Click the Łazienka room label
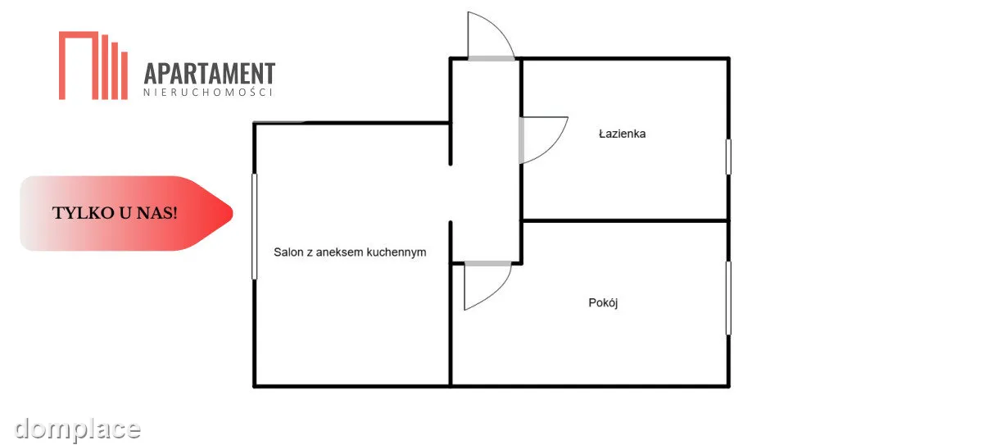[x=622, y=134]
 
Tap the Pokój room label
[x=603, y=302]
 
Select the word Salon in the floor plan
[x=288, y=252]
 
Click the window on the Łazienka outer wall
[x=728, y=157]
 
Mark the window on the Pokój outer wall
[x=728, y=298]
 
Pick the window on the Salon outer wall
[x=254, y=226]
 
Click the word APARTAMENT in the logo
[x=210, y=73]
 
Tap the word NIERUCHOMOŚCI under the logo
[x=208, y=92]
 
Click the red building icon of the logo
[x=93, y=66]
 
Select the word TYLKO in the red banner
[x=84, y=213]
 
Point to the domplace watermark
[x=77, y=429]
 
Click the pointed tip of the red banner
[x=233, y=213]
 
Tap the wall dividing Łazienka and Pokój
[x=625, y=220]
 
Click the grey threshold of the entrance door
[x=491, y=58]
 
